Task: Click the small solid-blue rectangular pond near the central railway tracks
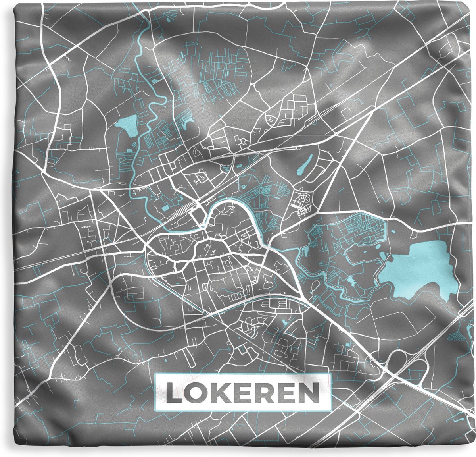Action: pos(165,208)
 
